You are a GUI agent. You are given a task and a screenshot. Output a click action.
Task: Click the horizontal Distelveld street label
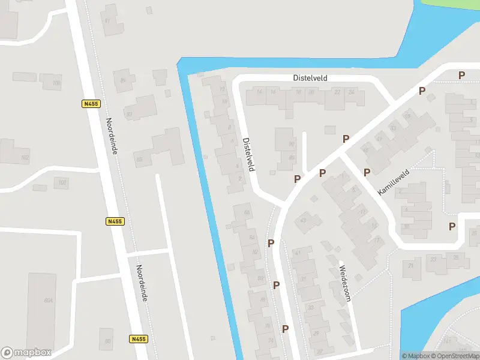310,78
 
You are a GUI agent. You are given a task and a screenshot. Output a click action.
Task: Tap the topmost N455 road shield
91,104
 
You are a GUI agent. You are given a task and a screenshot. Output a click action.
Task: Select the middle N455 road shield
115,221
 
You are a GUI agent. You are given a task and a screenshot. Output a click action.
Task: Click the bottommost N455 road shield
137,339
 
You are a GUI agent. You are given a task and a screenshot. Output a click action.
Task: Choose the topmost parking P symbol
461,75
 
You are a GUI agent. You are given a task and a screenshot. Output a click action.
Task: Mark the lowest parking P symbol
286,329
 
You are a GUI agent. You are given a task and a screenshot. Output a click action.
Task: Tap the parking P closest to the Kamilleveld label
367,173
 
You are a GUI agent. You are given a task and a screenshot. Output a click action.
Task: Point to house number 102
25,158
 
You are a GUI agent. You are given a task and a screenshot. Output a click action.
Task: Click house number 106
56,83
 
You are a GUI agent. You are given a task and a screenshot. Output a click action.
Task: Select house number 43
303,220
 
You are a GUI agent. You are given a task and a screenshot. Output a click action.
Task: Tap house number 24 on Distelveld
352,92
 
